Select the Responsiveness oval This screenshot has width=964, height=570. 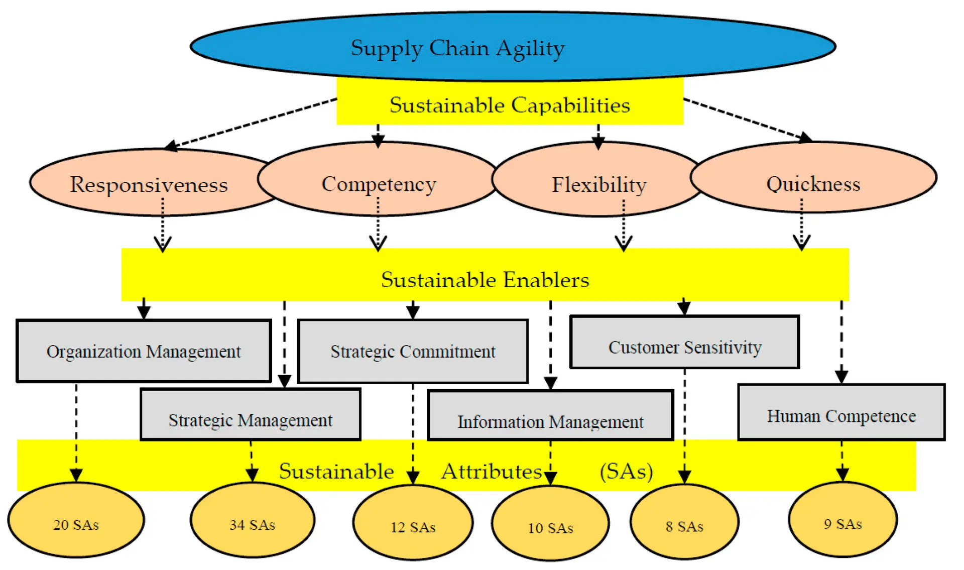149,184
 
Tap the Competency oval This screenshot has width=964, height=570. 379,183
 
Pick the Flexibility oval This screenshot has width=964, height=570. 598,184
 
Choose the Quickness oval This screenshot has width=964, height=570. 813,183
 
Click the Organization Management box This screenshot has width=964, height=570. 144,351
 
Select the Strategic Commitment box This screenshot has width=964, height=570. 413,351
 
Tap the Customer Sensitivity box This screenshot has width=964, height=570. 684,347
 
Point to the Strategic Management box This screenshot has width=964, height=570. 250,419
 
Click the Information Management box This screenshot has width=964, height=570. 550,421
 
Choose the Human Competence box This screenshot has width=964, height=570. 841,415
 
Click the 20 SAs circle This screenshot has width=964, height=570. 76,524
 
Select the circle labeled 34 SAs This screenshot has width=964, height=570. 252,524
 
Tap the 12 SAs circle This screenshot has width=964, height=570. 413,526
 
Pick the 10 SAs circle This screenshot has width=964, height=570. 550,527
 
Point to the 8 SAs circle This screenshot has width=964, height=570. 684,526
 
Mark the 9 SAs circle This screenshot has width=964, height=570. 842,523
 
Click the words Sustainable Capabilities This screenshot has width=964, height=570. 509,105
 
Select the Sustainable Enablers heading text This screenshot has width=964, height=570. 485,279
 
